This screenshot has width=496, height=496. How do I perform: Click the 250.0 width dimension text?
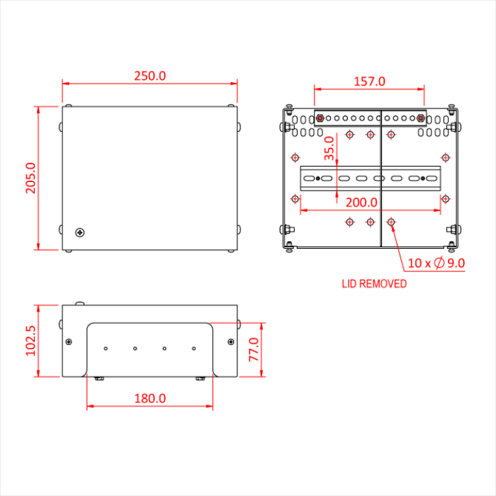pyautogui.click(x=150, y=76)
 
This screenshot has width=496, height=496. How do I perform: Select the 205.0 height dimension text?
pyautogui.click(x=30, y=178)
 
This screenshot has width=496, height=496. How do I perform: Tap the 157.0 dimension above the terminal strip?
pyautogui.click(x=369, y=81)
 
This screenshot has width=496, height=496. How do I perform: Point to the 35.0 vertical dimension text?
pyautogui.click(x=329, y=150)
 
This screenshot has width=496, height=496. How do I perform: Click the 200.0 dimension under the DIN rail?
pyautogui.click(x=361, y=202)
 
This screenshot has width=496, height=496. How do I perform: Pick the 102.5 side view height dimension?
pyautogui.click(x=30, y=341)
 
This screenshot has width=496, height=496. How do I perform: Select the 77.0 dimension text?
pyautogui.click(x=254, y=350)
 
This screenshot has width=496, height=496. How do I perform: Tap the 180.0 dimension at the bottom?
pyautogui.click(x=150, y=398)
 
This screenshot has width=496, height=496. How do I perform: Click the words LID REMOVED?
pyautogui.click(x=374, y=284)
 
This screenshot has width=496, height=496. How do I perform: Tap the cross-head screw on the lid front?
pyautogui.click(x=81, y=232)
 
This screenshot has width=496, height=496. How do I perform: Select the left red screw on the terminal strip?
pyautogui.click(x=320, y=118)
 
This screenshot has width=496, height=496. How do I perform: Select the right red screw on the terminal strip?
pyautogui.click(x=421, y=118)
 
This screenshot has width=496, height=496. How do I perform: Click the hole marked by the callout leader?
pyautogui.click(x=391, y=222)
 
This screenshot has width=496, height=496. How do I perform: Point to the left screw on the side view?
pyautogui.click(x=69, y=342)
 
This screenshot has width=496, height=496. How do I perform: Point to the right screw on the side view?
pyautogui.click(x=231, y=342)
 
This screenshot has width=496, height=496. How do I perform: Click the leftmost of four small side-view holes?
pyautogui.click(x=105, y=349)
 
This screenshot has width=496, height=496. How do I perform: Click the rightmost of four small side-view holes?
pyautogui.click(x=193, y=349)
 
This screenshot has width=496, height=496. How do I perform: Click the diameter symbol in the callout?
pyautogui.click(x=439, y=264)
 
